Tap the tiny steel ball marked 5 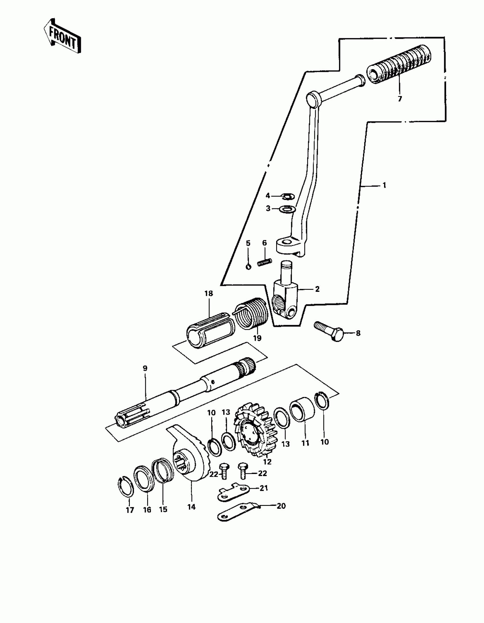tap(248, 266)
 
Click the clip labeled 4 tap(287, 196)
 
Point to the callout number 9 tap(145, 368)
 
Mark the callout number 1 tap(384, 185)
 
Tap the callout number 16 tap(147, 510)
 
